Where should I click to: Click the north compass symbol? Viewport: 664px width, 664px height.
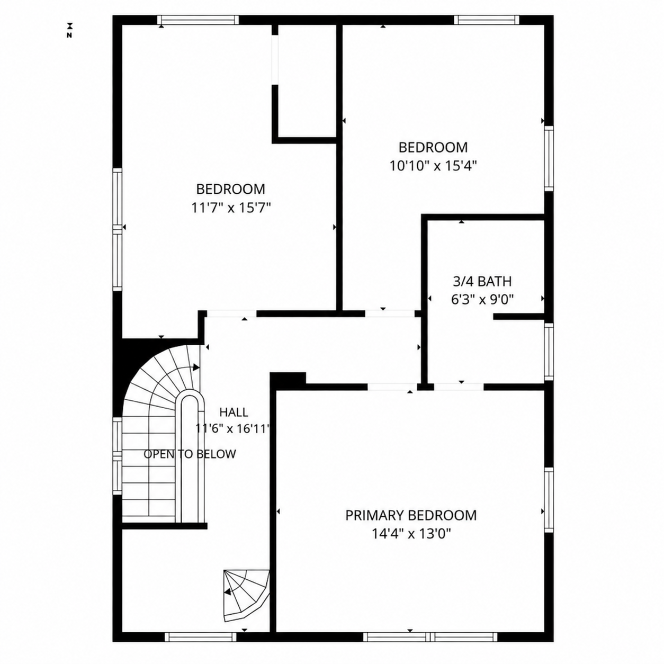(69, 30)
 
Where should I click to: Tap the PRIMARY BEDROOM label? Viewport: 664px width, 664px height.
(411, 525)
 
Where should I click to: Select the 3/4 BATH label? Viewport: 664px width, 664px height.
(482, 282)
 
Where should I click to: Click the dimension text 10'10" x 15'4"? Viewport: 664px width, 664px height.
(433, 166)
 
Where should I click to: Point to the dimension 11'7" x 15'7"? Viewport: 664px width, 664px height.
(231, 208)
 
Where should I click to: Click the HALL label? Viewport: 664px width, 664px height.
(234, 412)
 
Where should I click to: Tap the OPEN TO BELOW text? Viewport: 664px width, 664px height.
(190, 454)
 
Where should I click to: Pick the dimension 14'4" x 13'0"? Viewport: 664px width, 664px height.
(411, 544)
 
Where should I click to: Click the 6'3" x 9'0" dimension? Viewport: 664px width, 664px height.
(482, 300)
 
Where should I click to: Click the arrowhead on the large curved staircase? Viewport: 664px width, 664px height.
(196, 367)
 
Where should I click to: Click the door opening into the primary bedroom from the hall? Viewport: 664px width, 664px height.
(392, 387)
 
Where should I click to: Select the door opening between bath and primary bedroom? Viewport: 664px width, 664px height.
(459, 387)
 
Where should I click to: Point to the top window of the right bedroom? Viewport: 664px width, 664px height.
(486, 20)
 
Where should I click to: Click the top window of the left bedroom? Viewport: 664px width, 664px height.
(198, 20)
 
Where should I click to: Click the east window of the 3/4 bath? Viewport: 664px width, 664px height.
(549, 352)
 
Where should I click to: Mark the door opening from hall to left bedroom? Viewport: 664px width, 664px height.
(231, 313)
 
